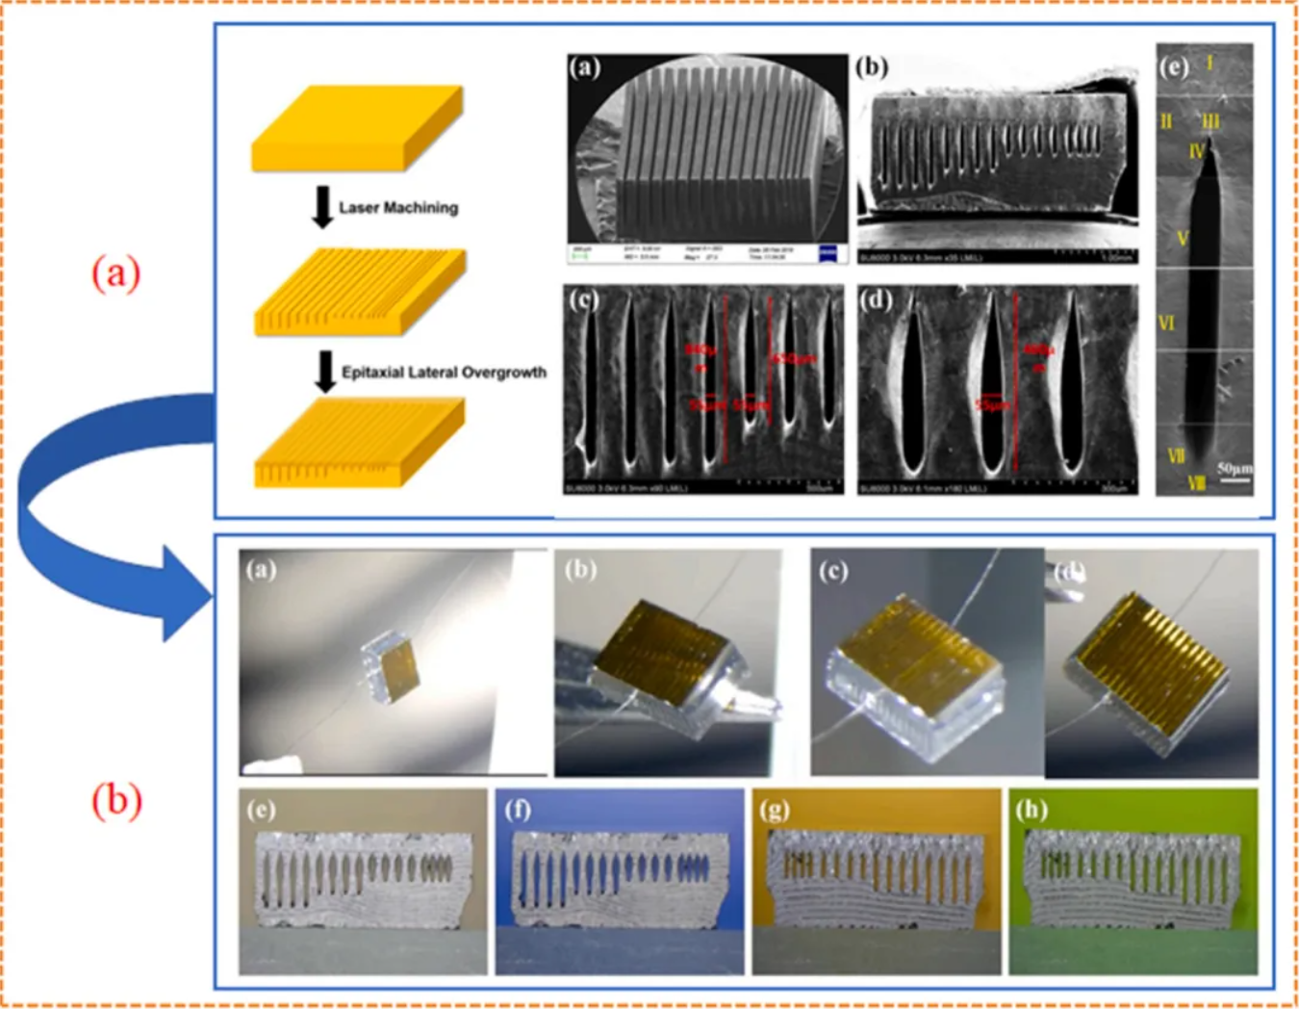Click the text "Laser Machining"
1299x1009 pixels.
pos(397,208)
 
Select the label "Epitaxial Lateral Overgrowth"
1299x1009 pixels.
pos(444,373)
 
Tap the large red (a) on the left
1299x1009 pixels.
pos(115,273)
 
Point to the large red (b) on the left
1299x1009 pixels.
pos(116,800)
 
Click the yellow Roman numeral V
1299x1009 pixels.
pos(1183,238)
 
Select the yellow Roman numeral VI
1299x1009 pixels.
pos(1167,323)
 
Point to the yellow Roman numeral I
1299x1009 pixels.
pos(1210,64)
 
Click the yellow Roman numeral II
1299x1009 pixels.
pos(1166,121)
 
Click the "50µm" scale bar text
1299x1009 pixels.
pos(1235,468)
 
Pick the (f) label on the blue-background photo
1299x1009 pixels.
pos(518,810)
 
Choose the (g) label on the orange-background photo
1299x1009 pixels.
pos(775,810)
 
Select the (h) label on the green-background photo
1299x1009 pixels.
pos(1031,810)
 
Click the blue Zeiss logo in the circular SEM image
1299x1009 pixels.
pos(828,253)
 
